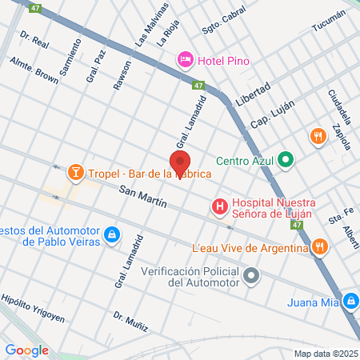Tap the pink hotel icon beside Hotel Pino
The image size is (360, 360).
pos(186,58)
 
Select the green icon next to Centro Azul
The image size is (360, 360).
pos(286,158)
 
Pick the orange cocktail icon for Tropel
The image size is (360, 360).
pos(76,172)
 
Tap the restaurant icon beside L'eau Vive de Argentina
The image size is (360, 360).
pos(320,247)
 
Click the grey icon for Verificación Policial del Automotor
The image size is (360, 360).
pos(253,277)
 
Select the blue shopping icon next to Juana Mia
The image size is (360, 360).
pos(350,302)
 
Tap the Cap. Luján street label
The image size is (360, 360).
pos(273,115)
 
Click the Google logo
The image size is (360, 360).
pos(26,350)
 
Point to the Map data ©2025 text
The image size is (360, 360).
pos(324,353)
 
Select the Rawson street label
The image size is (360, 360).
pos(122,74)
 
